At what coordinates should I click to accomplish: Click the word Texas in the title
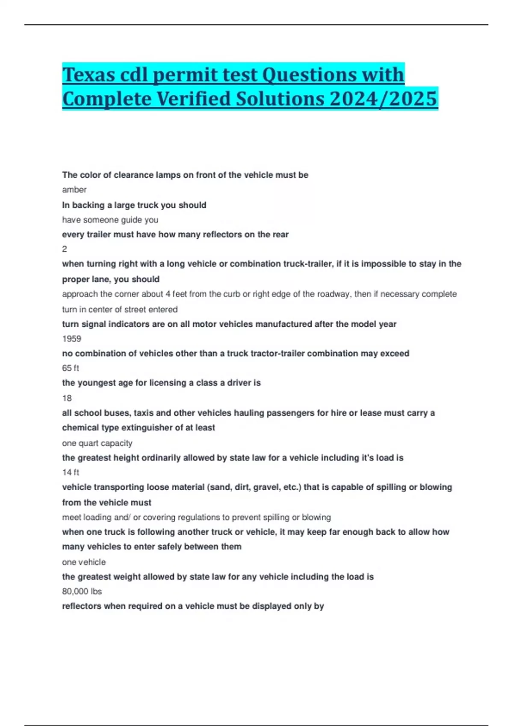[89, 75]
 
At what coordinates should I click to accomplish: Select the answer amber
[74, 190]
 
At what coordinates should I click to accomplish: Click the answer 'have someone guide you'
[110, 220]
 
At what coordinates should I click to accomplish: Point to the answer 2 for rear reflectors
[65, 249]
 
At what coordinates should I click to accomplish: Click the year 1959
[71, 339]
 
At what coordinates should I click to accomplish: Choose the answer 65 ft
[71, 368]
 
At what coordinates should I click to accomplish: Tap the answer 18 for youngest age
[67, 398]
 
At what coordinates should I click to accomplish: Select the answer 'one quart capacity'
[97, 443]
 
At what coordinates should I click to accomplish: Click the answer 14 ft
[71, 472]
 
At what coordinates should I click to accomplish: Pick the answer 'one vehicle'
[84, 562]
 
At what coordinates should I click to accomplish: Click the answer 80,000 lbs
[82, 591]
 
